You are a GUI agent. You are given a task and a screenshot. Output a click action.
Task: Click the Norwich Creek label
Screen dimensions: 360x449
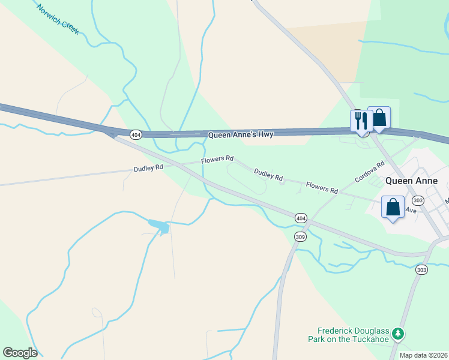tap(58, 19)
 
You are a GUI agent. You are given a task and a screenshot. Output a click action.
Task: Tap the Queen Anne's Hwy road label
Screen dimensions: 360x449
tap(241, 135)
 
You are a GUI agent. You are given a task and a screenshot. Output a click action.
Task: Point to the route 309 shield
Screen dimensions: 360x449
tap(301, 237)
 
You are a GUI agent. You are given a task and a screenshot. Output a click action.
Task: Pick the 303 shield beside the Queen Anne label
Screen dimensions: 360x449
tap(419, 200)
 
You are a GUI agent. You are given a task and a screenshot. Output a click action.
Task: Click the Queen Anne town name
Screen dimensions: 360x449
tap(411, 181)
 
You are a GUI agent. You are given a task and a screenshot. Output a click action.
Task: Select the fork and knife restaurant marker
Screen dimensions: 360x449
tap(361, 120)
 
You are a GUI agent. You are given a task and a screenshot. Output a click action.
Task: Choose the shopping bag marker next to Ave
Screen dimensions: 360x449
tap(393, 208)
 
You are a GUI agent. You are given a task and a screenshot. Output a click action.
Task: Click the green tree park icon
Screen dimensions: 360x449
tap(397, 333)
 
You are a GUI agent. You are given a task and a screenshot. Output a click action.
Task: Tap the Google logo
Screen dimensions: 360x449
tap(20, 353)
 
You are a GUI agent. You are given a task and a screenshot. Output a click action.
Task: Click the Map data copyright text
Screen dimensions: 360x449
tap(424, 355)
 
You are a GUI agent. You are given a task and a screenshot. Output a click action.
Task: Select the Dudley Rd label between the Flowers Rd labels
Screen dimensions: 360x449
tap(268, 175)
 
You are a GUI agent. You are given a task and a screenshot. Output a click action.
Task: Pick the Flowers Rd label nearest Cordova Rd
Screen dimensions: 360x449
tap(321, 188)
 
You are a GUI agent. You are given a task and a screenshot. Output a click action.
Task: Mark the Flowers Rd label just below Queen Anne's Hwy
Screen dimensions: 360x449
tap(217, 159)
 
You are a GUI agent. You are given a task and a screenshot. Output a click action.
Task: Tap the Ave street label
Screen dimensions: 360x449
tap(411, 211)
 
